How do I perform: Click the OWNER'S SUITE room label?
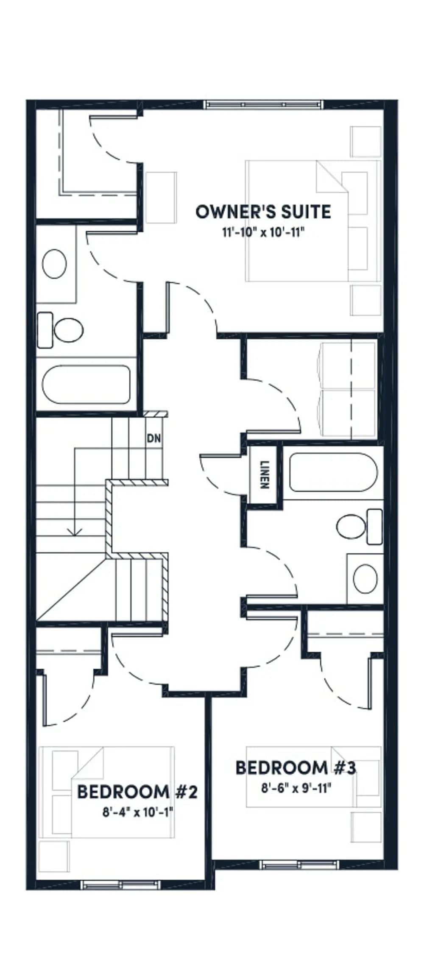(263, 212)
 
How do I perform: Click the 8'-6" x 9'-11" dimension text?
(296, 788)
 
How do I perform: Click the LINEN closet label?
(265, 475)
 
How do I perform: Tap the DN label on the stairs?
(154, 438)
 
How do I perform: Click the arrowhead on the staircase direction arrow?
(75, 531)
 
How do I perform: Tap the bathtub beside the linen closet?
(333, 472)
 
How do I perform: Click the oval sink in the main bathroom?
(365, 579)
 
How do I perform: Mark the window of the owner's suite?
(263, 104)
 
